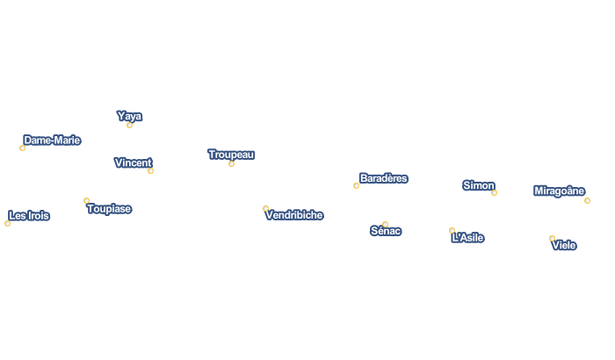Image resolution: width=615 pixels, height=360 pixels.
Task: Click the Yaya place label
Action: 129,116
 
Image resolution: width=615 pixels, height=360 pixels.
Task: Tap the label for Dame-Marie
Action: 52,140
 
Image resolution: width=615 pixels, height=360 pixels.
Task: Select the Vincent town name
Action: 133,162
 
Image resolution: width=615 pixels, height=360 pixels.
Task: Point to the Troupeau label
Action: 231,155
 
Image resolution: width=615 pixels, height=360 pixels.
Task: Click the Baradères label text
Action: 384,178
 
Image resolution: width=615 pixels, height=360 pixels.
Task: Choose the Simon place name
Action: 479,185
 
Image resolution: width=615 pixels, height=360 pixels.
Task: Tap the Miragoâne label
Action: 560,191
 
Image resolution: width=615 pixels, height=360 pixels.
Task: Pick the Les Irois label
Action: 29,215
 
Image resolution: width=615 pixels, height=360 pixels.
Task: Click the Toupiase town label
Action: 109,209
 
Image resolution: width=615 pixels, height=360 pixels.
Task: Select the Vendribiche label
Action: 294,215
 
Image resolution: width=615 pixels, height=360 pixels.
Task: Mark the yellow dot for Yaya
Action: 129,125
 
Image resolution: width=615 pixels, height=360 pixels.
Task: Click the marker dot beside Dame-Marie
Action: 22,148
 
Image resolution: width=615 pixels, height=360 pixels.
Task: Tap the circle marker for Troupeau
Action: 231,163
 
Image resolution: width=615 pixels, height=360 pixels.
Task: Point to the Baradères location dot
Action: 356,185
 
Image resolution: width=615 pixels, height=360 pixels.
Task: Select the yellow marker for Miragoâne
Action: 587,200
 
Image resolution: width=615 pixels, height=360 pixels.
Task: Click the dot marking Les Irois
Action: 7,223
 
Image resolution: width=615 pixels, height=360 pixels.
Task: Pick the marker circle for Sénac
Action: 385,224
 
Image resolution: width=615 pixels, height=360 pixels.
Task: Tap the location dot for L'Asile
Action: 452,231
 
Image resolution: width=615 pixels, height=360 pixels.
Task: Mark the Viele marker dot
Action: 552,239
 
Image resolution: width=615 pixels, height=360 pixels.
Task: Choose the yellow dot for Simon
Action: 494,192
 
